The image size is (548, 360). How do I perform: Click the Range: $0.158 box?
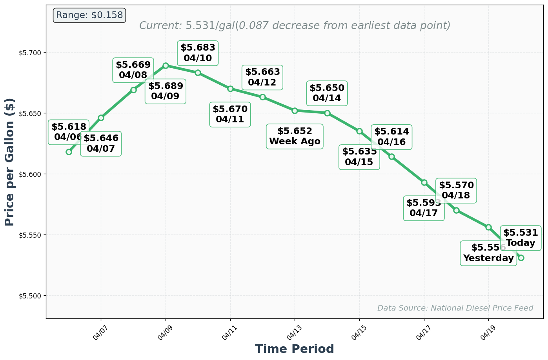pos(89,15)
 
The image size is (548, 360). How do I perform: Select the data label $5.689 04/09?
pos(165,91)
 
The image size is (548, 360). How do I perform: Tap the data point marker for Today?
pos(521,258)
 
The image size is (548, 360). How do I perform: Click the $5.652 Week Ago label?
pos(295,136)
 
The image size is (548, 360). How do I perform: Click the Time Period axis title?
pos(294,349)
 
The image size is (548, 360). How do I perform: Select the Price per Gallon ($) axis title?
pos(10,162)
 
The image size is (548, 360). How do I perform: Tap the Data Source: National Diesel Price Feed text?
pos(455,308)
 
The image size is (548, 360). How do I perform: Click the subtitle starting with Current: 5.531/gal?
pos(295,26)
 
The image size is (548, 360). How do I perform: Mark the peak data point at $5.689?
pos(166,65)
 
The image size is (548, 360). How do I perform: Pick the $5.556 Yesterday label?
pos(488,253)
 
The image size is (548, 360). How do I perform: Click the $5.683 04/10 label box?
pos(198,53)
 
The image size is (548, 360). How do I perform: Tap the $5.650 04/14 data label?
pos(327,93)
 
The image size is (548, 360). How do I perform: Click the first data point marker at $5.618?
pos(69,152)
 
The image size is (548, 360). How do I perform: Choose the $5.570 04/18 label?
pos(456,190)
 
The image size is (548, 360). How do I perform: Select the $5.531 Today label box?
pos(521,238)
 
